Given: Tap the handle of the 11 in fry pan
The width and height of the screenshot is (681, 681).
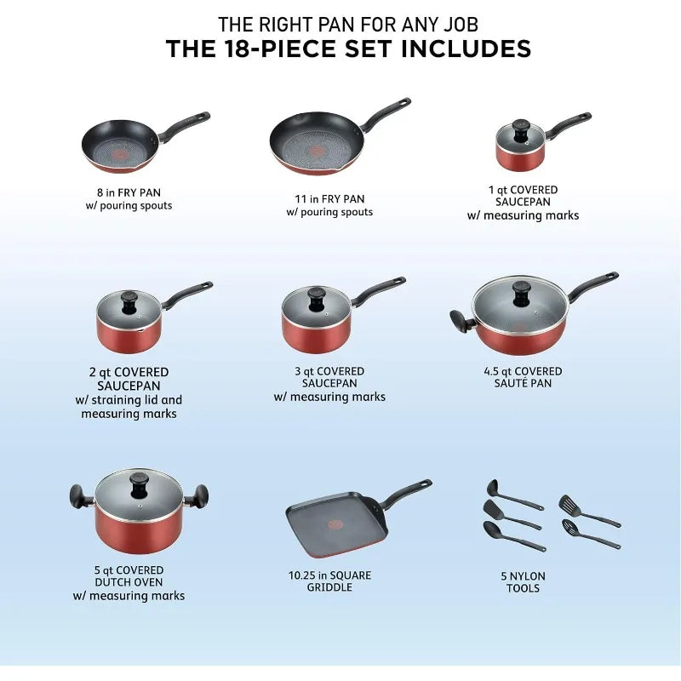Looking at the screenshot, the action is point(385,114).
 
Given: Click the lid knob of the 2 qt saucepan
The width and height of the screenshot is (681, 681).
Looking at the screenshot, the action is point(129,302).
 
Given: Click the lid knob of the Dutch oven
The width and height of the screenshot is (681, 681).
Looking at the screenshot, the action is point(140,484).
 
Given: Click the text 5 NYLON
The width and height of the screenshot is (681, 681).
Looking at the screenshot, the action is point(523,576).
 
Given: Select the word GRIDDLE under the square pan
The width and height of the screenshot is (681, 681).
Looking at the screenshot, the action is point(329,587).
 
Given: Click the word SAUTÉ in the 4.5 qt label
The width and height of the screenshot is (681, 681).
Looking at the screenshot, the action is point(508,383).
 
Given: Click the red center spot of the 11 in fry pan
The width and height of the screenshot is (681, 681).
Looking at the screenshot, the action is point(318,152).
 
